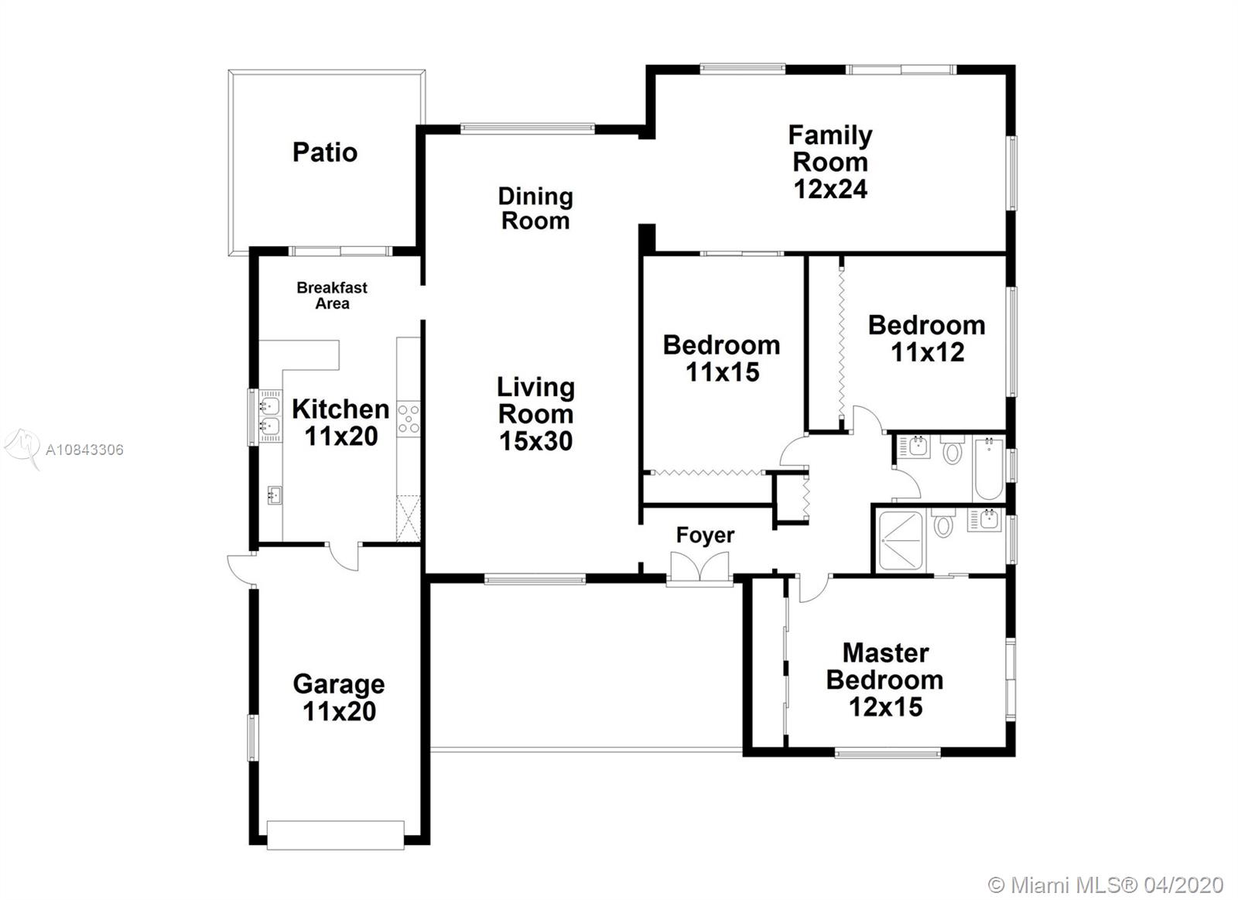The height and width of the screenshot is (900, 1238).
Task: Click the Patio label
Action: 325,152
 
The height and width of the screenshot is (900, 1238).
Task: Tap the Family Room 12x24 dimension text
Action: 831,189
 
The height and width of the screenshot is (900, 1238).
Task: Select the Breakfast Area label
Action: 332,295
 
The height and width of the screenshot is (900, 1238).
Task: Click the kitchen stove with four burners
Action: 409,419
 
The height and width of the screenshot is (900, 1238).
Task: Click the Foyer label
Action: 705,536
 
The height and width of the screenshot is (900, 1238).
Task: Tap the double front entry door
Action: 699,567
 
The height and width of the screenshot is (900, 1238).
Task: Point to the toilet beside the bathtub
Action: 952,450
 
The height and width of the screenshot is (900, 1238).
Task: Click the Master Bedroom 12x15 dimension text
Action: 886,707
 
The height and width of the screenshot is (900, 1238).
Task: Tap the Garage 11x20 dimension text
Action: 340,711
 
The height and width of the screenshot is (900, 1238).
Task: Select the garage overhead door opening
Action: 336,835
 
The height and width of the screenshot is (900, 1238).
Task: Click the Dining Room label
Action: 535,209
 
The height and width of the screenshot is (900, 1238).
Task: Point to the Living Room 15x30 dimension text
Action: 535,441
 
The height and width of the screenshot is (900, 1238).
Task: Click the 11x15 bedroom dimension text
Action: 723,372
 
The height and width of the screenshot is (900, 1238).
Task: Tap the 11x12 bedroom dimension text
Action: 928,352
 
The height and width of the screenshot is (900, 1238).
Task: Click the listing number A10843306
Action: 84,450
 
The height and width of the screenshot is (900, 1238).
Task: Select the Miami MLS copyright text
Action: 1106,885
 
